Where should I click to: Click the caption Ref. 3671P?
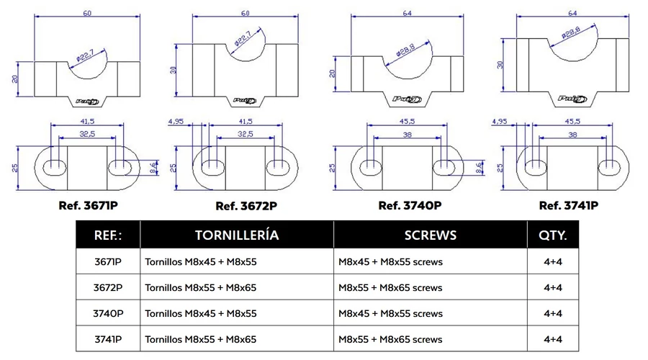point(88,204)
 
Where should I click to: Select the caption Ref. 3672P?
point(246,206)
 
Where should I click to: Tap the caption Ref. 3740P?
point(410,205)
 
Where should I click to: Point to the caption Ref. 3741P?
point(569,205)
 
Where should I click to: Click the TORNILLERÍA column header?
point(236,235)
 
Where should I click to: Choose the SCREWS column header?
point(431,235)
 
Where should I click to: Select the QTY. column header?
point(552,235)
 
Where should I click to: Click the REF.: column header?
point(108,235)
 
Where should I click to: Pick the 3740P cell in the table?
point(108,313)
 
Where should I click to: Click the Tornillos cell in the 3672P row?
point(201,287)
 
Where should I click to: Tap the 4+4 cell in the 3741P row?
point(552,339)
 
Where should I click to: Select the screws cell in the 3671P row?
point(390,262)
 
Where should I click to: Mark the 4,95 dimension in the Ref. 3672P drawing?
point(175,121)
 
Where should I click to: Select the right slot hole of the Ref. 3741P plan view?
point(613,166)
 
